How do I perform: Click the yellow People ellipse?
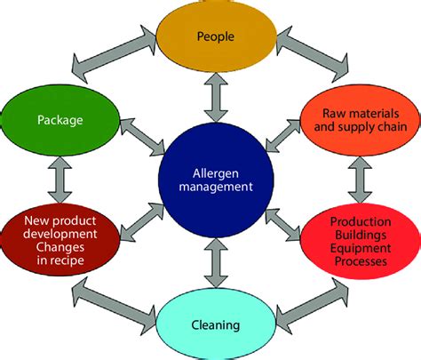pyautogui.click(x=217, y=36)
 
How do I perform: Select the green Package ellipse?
pyautogui.click(x=60, y=120)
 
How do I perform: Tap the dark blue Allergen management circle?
pyautogui.click(x=216, y=180)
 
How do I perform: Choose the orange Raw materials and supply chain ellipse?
pyautogui.click(x=361, y=120)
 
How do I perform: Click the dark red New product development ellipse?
pyautogui.click(x=60, y=240)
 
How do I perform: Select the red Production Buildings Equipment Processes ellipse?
pyautogui.click(x=361, y=241)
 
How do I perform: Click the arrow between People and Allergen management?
pyautogui.click(x=216, y=98)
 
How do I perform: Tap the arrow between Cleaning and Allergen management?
pyautogui.click(x=216, y=262)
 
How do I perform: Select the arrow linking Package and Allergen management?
pyautogui.click(x=142, y=137)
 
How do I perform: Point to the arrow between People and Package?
pyautogui.click(x=115, y=54)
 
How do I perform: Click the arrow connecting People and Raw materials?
pyautogui.click(x=313, y=54)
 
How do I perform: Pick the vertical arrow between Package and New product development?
pyautogui.click(x=60, y=180)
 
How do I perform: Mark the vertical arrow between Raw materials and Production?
pyautogui.click(x=360, y=180)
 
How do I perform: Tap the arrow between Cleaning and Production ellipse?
pyautogui.click(x=313, y=306)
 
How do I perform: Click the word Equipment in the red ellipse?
pyautogui.click(x=361, y=248)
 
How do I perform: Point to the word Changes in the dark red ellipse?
pyautogui.click(x=60, y=247)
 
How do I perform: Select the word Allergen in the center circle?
pyautogui.click(x=216, y=173)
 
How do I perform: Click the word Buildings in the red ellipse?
pyautogui.click(x=361, y=235)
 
